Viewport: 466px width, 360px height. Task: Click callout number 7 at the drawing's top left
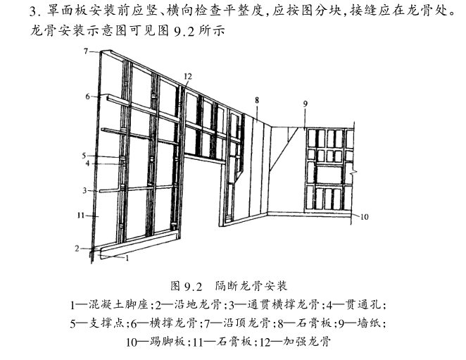(x=86, y=51)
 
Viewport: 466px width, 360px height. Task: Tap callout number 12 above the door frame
(x=188, y=77)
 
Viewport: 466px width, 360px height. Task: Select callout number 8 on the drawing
(x=257, y=100)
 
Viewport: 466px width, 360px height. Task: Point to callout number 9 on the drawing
(x=306, y=104)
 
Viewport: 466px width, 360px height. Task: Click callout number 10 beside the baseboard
(x=365, y=217)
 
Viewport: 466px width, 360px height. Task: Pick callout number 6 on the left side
(x=87, y=97)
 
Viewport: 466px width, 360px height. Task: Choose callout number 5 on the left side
(x=84, y=156)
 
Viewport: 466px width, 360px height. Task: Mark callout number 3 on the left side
(x=84, y=190)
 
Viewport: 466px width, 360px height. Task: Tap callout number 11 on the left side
(x=81, y=215)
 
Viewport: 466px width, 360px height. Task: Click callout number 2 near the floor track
(x=77, y=248)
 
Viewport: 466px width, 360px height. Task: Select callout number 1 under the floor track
(x=127, y=259)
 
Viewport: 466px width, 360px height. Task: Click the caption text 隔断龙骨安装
(x=251, y=285)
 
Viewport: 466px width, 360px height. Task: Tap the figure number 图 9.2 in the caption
(x=187, y=286)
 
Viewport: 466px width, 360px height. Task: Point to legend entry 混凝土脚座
(x=118, y=304)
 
